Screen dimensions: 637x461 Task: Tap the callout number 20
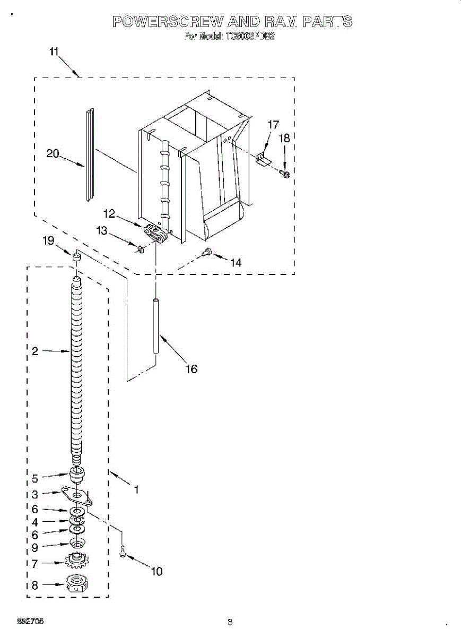(x=53, y=153)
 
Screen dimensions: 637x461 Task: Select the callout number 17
(x=273, y=125)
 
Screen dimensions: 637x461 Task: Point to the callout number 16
(x=191, y=368)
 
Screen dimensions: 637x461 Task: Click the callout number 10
(x=156, y=571)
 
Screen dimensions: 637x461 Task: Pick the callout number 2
(x=34, y=351)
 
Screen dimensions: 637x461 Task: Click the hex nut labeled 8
(x=77, y=585)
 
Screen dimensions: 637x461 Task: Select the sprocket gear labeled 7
(x=77, y=559)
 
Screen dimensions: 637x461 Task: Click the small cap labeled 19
(x=77, y=257)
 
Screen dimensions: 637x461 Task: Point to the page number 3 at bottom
(x=230, y=622)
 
